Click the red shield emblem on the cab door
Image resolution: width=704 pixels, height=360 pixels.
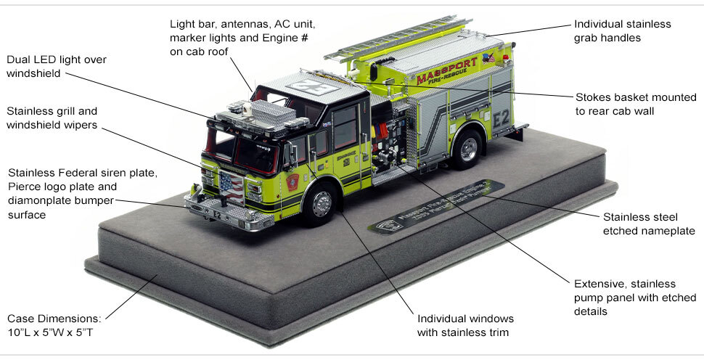coord(292,182)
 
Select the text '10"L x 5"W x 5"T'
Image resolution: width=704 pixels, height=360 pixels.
coord(54,332)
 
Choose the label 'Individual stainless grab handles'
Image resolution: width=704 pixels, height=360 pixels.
coord(622,30)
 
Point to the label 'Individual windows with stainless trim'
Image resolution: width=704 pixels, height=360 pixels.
coord(465,326)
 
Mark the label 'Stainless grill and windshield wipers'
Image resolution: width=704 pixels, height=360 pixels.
coord(52,118)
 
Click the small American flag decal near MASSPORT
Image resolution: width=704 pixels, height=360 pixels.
coord(486,57)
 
